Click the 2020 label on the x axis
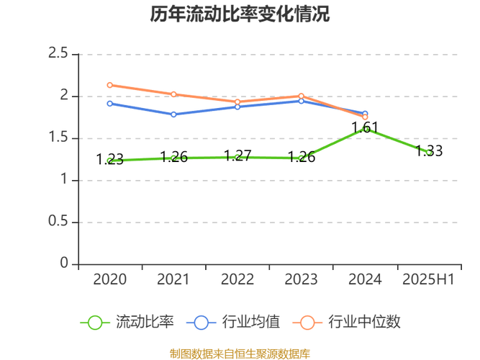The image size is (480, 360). click(109, 279)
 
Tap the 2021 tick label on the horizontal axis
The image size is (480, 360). click(173, 279)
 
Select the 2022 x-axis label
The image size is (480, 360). click(237, 279)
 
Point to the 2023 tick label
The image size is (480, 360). click(301, 279)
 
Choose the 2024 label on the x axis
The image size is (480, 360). click(365, 279)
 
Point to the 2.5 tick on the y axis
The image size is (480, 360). click(58, 53)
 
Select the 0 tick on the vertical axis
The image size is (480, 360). click(65, 263)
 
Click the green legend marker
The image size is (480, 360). click(94, 322)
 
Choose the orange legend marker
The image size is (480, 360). click(307, 322)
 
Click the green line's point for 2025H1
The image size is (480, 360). click(428, 152)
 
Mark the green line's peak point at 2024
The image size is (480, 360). click(365, 129)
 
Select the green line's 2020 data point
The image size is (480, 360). click(109, 160)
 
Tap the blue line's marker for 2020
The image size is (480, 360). click(109, 104)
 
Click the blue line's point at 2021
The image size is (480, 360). click(173, 114)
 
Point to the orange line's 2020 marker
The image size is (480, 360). click(109, 85)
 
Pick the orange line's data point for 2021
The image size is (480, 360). click(173, 94)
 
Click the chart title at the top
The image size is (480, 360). click(240, 14)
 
